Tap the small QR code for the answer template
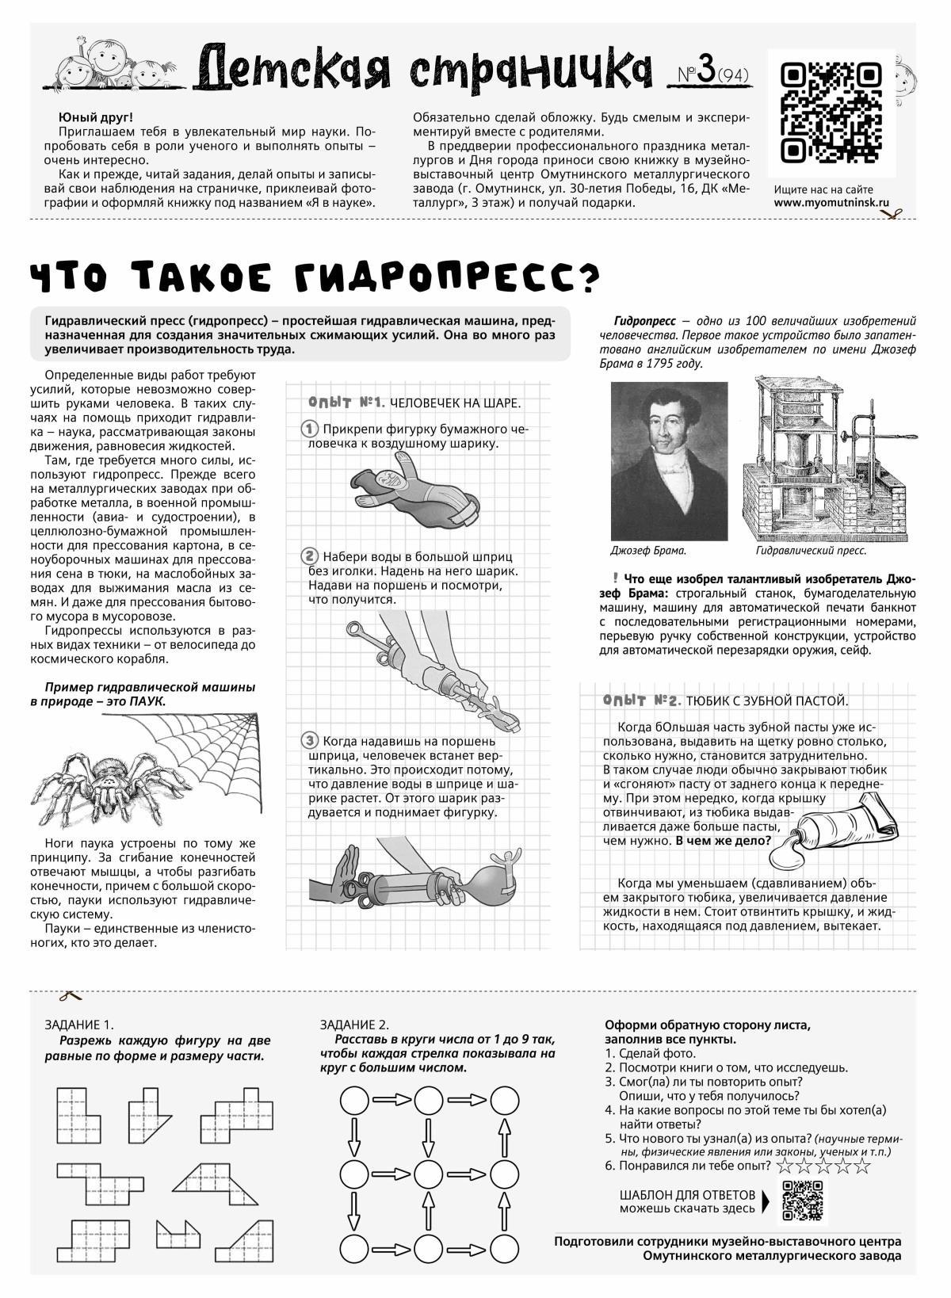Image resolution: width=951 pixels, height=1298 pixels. pos(805,1199)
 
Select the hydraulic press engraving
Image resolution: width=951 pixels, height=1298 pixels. pos(825,458)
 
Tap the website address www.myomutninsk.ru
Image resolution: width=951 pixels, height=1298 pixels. pos(832,202)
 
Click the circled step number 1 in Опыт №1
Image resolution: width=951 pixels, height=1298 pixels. pos(310,429)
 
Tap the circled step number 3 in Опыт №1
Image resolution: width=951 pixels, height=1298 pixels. pos(310,741)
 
